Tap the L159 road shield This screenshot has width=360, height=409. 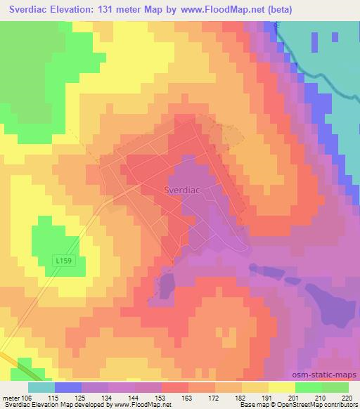64,260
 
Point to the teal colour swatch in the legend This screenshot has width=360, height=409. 42,387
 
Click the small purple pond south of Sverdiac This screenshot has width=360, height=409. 167,284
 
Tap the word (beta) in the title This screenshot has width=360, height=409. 278,9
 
